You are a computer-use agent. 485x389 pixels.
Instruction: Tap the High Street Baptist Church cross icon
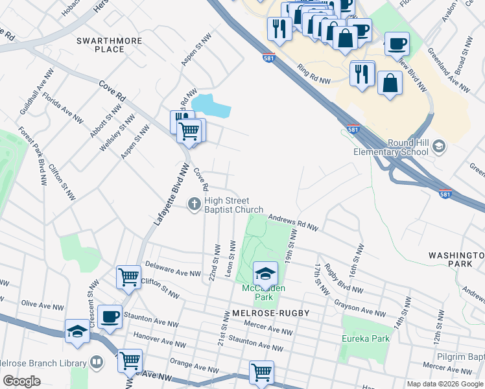[x=193, y=204]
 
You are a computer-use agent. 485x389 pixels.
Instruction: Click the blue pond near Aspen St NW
[x=211, y=106]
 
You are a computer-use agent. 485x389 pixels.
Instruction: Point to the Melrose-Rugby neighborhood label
[x=270, y=313]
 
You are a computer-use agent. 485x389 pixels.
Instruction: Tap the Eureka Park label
[x=366, y=338]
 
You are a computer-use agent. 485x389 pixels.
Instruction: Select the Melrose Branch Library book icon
[x=96, y=362]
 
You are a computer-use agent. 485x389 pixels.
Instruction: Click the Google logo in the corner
[x=21, y=381]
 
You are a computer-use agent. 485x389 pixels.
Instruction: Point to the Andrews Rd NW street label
[x=294, y=222]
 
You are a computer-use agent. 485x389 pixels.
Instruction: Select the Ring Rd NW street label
[x=314, y=74]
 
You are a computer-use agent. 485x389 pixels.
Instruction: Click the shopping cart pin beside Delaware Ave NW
[x=128, y=277]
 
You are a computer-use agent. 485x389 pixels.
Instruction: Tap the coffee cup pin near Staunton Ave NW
[x=110, y=316]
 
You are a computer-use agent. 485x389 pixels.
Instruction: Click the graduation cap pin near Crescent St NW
[x=78, y=331]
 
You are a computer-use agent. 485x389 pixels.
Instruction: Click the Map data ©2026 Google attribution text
[x=444, y=384]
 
